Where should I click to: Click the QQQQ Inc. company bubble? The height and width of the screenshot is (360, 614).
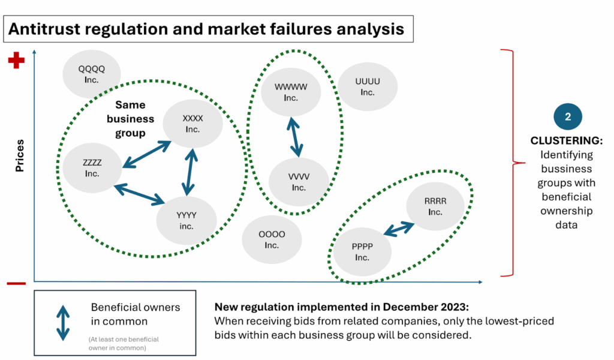[92, 74]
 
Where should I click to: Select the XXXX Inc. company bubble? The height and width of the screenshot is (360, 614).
[192, 124]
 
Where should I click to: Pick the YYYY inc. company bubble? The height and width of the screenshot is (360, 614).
[186, 220]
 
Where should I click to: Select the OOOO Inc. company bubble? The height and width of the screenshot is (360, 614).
[272, 239]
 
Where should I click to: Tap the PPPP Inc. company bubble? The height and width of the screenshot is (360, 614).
[362, 252]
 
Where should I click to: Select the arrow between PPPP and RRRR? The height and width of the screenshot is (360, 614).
[399, 229]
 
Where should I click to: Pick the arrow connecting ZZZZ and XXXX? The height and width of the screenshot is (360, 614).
[146, 155]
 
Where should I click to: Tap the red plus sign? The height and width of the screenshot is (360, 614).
[16, 61]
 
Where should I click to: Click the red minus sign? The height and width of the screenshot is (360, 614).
[16, 283]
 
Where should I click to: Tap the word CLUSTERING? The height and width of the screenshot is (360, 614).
[565, 141]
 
